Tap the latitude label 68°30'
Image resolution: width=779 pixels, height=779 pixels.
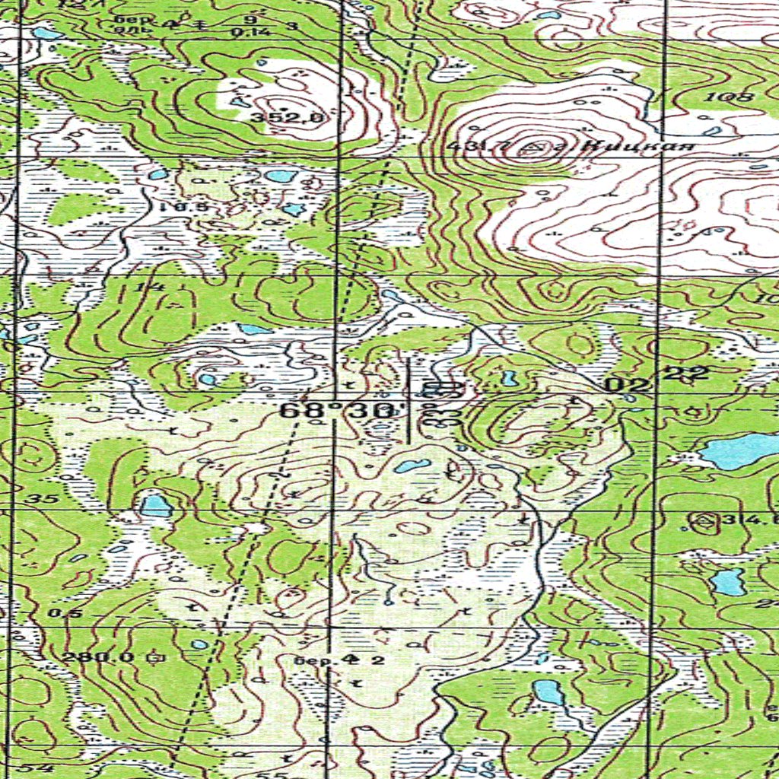pyautogui.click(x=339, y=411)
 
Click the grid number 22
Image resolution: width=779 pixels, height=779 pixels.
pyautogui.click(x=687, y=373)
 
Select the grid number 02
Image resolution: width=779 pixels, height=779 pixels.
pyautogui.click(x=628, y=385)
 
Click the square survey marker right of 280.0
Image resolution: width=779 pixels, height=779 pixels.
pyautogui.click(x=158, y=656)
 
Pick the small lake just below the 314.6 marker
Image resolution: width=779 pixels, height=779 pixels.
pyautogui.click(x=728, y=582)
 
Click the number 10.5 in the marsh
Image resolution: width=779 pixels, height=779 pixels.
pyautogui.click(x=173, y=206)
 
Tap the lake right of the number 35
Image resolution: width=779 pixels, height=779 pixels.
pyautogui.click(x=156, y=505)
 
